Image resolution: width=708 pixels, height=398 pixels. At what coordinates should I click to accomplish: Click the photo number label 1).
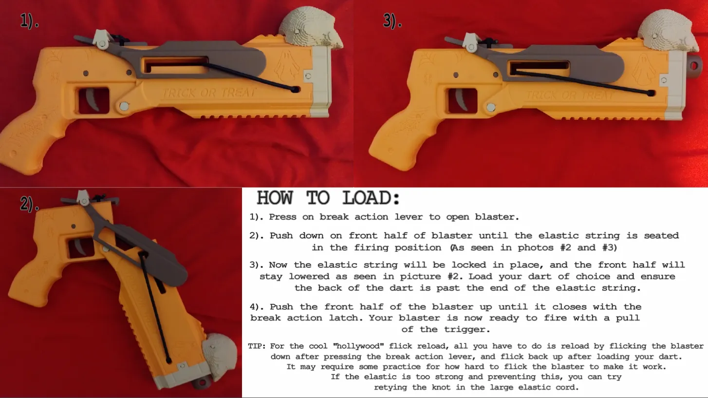(x=29, y=21)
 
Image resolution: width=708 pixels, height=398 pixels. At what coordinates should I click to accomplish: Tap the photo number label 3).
(x=392, y=21)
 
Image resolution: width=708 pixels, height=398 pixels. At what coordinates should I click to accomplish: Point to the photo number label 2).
(x=30, y=204)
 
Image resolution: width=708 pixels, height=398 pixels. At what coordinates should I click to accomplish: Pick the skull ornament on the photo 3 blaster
(x=668, y=31)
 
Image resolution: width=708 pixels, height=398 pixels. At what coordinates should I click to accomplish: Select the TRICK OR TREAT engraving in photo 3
(x=569, y=95)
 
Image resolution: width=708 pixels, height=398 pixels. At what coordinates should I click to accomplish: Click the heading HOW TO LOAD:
(x=328, y=198)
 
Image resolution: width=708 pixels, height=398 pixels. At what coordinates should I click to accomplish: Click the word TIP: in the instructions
(x=257, y=346)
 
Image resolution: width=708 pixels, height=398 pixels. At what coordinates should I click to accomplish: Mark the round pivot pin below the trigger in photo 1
(x=124, y=106)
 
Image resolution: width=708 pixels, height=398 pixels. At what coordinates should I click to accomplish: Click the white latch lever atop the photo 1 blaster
(x=102, y=39)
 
